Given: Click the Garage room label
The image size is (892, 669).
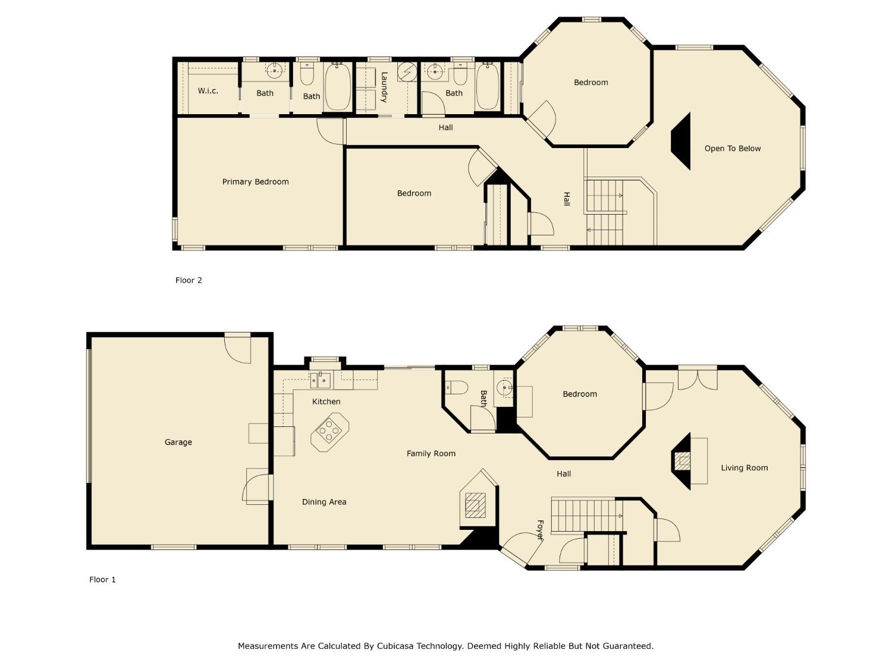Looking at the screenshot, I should (x=178, y=442).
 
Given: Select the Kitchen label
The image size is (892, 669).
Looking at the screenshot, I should (x=326, y=401).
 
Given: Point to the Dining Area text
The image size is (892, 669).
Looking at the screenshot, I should (x=324, y=502).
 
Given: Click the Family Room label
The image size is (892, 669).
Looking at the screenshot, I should (x=431, y=453).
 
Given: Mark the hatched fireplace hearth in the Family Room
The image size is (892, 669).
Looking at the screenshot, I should (x=473, y=504).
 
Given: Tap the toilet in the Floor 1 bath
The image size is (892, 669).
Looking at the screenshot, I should (x=456, y=387).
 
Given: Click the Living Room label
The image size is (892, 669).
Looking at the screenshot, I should (x=745, y=468).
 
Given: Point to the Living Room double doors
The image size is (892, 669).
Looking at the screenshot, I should (x=698, y=379).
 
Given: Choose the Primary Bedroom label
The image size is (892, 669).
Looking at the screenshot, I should (x=256, y=182).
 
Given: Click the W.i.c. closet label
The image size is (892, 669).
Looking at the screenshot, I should (x=208, y=91).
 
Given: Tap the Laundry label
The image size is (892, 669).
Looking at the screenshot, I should (x=384, y=87).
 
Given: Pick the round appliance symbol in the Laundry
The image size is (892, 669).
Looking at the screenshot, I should (x=407, y=72).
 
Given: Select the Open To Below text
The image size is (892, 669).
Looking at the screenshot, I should (x=733, y=149).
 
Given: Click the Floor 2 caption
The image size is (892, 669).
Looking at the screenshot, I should (x=189, y=280).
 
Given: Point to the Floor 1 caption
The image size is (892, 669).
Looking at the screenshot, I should (x=102, y=579).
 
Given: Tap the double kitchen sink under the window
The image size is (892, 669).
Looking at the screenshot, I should (x=321, y=379).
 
